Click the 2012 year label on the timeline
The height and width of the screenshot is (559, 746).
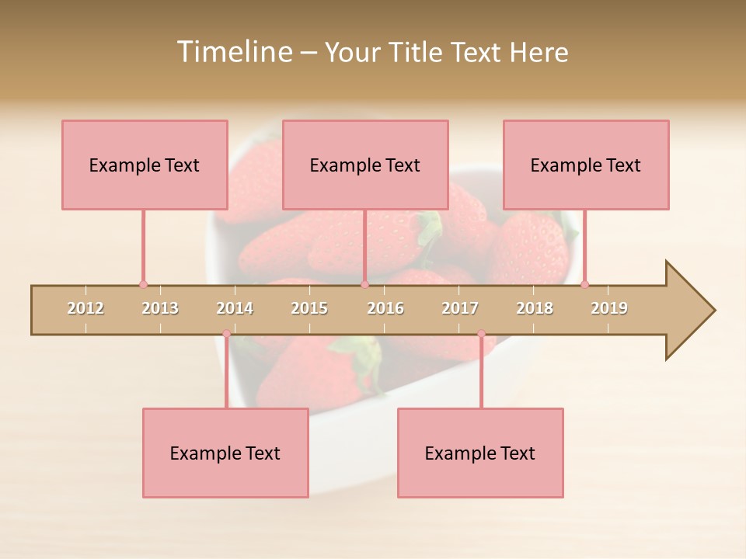[85, 308]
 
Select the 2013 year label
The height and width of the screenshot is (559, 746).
[160, 308]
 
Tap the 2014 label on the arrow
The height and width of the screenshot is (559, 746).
[235, 308]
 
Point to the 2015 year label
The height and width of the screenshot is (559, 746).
[309, 308]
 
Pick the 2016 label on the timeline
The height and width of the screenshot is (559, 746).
[385, 308]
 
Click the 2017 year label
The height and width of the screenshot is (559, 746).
[460, 308]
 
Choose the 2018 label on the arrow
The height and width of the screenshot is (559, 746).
[535, 308]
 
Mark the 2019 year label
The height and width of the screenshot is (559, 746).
[609, 308]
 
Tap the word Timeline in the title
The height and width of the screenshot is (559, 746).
[233, 52]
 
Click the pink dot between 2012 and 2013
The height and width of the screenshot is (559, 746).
[143, 284]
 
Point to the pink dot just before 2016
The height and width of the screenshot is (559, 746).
[364, 284]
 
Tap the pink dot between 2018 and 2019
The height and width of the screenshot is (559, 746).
[584, 284]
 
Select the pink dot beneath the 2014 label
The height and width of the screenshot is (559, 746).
[226, 334]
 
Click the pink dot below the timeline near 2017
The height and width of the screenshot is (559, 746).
[481, 334]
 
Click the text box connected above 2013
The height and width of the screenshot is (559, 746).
[145, 165]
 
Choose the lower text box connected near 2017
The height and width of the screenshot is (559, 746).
[480, 453]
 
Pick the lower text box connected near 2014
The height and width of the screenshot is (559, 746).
[225, 453]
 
